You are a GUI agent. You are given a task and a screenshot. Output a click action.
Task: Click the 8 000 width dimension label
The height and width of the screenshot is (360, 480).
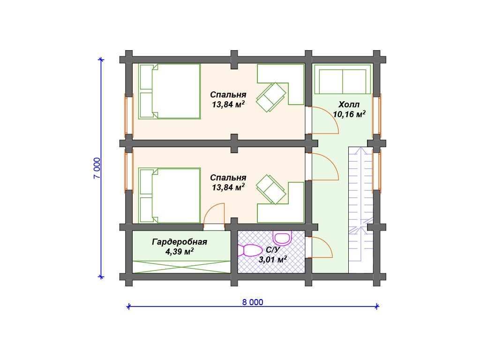pyautogui.click(x=253, y=302)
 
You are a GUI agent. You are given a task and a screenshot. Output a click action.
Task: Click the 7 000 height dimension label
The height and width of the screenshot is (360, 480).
pyautogui.click(x=97, y=168)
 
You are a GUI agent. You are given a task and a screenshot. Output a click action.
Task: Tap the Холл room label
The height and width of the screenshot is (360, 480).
pyautogui.click(x=349, y=105)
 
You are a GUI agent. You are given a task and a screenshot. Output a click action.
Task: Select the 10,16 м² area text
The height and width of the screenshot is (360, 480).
pyautogui.click(x=349, y=114)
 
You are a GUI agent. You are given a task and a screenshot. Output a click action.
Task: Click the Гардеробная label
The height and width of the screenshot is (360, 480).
pyautogui.click(x=180, y=242)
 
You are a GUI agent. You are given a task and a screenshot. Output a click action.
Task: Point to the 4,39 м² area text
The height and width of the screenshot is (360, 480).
pyautogui.click(x=180, y=252)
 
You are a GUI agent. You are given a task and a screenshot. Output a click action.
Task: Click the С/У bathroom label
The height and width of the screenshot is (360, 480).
pyautogui.click(x=273, y=250)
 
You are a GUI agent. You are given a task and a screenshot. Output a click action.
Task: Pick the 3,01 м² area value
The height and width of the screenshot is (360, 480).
pyautogui.click(x=273, y=260)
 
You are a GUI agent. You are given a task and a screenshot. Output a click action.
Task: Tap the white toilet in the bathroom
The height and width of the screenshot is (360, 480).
pyautogui.click(x=250, y=250)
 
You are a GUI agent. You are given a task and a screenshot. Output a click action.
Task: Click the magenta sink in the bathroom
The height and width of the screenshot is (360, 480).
pyautogui.click(x=282, y=238)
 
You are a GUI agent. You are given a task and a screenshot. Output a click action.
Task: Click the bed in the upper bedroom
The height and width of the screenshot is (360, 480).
pyautogui.click(x=169, y=91)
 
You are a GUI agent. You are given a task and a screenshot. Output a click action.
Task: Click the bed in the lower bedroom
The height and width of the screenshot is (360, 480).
pyautogui.click(x=169, y=195)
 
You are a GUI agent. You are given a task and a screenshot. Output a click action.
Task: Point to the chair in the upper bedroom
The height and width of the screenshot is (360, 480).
pyautogui.click(x=271, y=97)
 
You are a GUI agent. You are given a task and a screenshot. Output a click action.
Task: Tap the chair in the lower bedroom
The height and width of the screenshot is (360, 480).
pyautogui.click(x=271, y=189)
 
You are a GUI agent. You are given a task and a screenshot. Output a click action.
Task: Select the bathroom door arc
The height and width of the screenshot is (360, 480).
pyautogui.click(x=326, y=243)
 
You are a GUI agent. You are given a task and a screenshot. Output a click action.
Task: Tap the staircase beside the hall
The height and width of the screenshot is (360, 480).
pyautogui.click(x=361, y=210)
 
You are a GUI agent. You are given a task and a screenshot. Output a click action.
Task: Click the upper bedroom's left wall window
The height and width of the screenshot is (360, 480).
pyautogui.click(x=129, y=115)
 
